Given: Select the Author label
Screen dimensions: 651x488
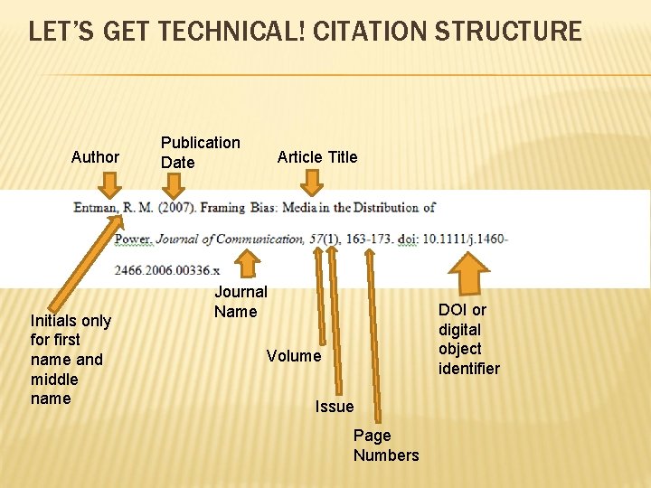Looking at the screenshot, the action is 95,157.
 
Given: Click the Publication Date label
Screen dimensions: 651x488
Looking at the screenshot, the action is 200,152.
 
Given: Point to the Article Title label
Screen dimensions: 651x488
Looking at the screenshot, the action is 316,157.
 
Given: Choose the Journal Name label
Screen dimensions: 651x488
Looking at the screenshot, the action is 240,302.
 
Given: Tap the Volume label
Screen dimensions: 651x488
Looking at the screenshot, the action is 293,356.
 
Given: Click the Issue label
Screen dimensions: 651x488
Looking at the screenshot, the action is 335,407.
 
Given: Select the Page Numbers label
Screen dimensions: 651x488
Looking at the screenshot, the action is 386,446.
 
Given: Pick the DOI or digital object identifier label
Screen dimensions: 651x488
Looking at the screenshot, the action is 468,339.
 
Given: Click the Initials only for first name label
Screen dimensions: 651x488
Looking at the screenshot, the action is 71,359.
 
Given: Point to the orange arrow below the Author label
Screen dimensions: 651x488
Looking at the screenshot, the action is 110,185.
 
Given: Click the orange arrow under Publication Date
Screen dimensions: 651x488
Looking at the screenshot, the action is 172,185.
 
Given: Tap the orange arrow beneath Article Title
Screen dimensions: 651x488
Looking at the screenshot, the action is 312,185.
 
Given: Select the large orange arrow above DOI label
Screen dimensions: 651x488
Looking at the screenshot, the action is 468,273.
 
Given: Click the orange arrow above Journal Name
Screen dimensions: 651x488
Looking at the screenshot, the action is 244,263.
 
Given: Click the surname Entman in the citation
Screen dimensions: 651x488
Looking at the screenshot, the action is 93,208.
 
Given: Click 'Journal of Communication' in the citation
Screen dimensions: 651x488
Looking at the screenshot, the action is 230,239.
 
